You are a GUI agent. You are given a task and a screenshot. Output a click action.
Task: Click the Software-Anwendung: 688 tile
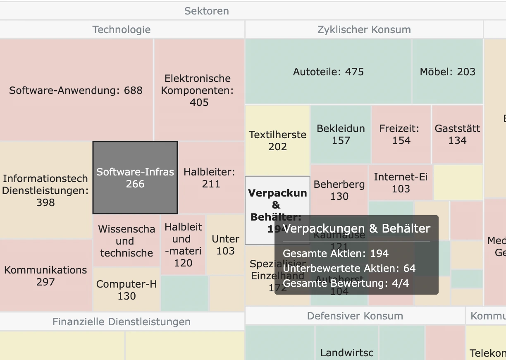pos(76,90)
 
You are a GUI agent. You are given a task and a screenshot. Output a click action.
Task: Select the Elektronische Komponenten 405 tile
pos(198,90)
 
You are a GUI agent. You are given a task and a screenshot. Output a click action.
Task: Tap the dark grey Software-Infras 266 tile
pos(135,178)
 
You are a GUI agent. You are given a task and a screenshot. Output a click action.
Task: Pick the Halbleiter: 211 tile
pos(211,178)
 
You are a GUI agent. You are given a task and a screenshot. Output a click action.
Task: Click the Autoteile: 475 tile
pos(328,72)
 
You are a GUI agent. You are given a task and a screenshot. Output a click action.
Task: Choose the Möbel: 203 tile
pos(447,72)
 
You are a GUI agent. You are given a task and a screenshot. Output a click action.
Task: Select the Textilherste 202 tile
pos(277,140)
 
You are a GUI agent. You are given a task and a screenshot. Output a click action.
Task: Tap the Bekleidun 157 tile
pos(341,134)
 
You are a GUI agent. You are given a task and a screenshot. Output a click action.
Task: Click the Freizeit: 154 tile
pos(401,134)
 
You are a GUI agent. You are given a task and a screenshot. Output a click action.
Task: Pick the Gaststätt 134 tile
pos(457,134)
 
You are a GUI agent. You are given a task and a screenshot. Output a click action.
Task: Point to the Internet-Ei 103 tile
pos(401,183)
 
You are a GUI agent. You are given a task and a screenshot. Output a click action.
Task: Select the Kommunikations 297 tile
pos(45,276)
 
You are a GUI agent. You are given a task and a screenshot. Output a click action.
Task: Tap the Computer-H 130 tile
pos(126,290)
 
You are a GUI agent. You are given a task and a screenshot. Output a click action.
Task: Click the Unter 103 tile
pos(225,245)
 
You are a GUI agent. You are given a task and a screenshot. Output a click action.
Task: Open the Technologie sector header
pos(122,30)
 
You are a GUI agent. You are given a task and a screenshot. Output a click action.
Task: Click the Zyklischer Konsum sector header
pos(364,30)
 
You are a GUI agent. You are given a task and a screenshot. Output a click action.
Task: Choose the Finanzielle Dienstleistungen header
pos(122,322)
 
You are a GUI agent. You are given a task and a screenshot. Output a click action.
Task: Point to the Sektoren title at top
pos(206,11)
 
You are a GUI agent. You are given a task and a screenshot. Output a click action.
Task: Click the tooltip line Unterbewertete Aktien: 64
pos(349,269)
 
